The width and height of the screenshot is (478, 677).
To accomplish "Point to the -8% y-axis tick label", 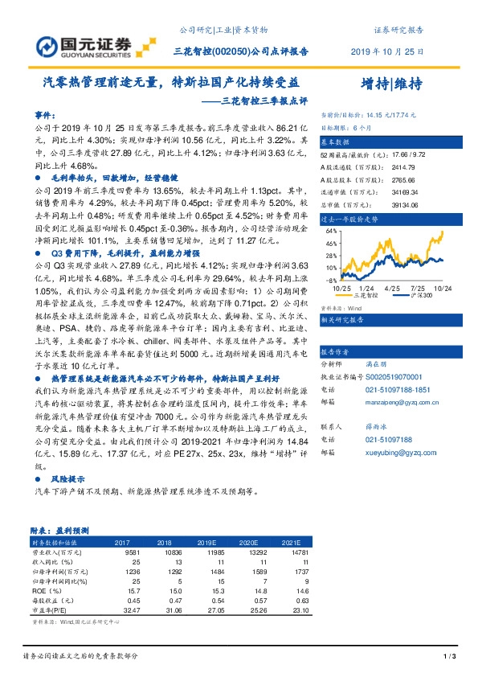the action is click(x=329, y=281).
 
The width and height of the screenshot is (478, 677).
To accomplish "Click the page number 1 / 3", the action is click(x=450, y=658).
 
